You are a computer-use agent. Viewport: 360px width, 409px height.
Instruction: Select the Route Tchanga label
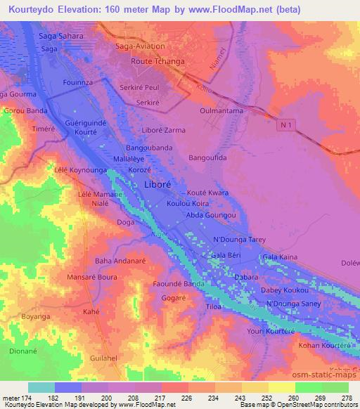point(158,62)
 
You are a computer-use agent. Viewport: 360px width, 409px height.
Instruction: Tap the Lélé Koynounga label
point(80,170)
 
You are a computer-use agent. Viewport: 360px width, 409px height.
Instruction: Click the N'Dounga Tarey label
point(240,240)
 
